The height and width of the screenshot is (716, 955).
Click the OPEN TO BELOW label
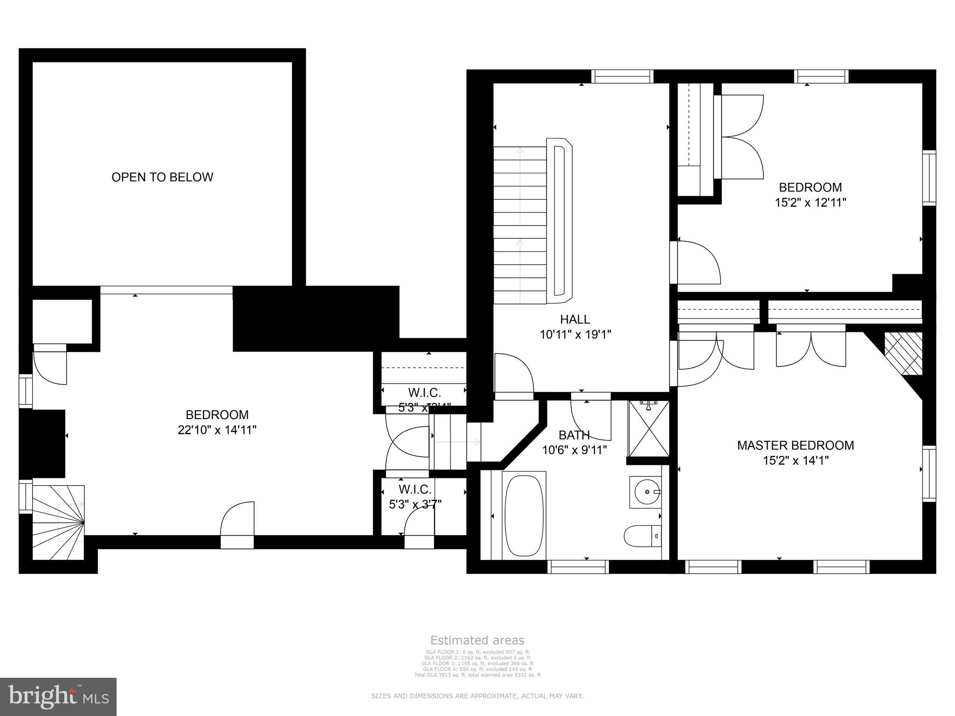[x=162, y=177]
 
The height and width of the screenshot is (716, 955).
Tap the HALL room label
[x=574, y=319]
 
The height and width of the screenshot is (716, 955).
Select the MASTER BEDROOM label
[x=795, y=445]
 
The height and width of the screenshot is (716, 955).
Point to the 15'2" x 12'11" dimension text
[x=810, y=203]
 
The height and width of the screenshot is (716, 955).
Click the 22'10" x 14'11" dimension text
[x=217, y=430]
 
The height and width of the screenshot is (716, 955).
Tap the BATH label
[x=574, y=435]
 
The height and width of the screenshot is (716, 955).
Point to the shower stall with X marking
[x=648, y=428]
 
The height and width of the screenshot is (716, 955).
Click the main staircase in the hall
[x=519, y=224]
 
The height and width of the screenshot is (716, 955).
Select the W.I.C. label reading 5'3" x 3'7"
[x=415, y=497]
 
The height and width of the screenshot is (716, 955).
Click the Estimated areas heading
[x=477, y=640]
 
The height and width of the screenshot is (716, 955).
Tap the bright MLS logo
[x=58, y=696]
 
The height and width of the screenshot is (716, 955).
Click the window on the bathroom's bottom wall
[x=578, y=566]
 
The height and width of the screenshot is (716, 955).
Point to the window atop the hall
[x=622, y=76]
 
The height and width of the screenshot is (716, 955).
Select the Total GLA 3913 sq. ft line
[x=477, y=675]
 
